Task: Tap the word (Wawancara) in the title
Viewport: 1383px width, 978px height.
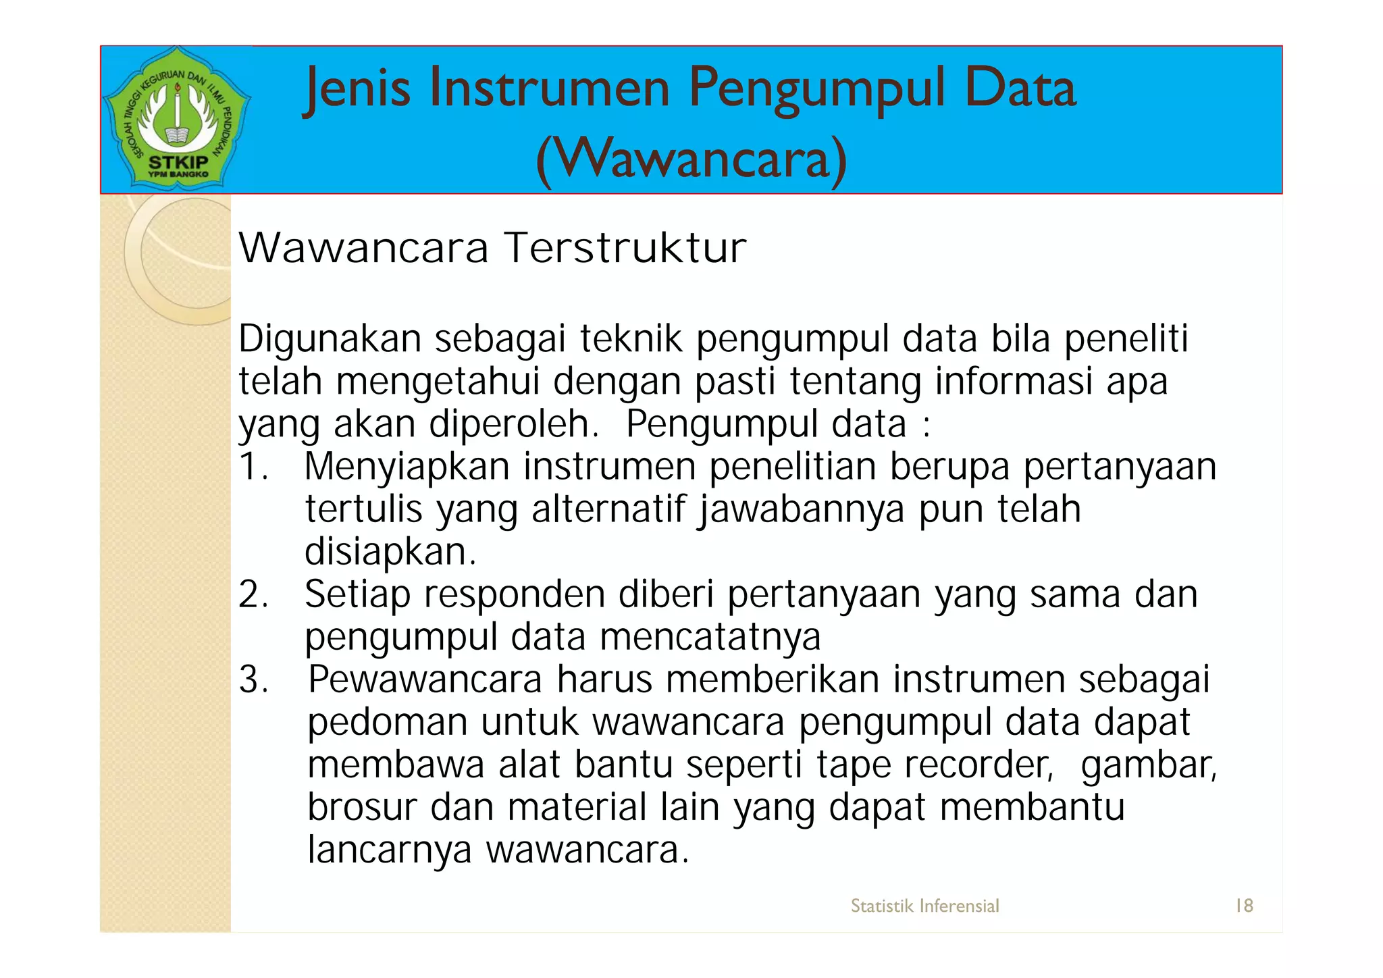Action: [691, 160]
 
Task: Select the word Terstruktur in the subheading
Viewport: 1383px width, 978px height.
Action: [626, 248]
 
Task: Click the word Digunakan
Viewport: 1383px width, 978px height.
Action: [330, 338]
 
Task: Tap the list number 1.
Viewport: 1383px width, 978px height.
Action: [253, 467]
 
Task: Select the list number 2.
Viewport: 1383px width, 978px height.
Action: [253, 594]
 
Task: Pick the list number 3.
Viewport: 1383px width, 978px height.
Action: [253, 679]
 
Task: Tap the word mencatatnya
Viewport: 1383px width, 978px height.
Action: [710, 637]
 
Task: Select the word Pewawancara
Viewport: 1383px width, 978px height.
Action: [425, 679]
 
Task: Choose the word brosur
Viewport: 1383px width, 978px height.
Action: [362, 807]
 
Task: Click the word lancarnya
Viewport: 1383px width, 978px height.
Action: [389, 850]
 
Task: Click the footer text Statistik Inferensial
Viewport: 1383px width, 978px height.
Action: [924, 906]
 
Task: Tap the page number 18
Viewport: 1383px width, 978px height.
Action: [1244, 906]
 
